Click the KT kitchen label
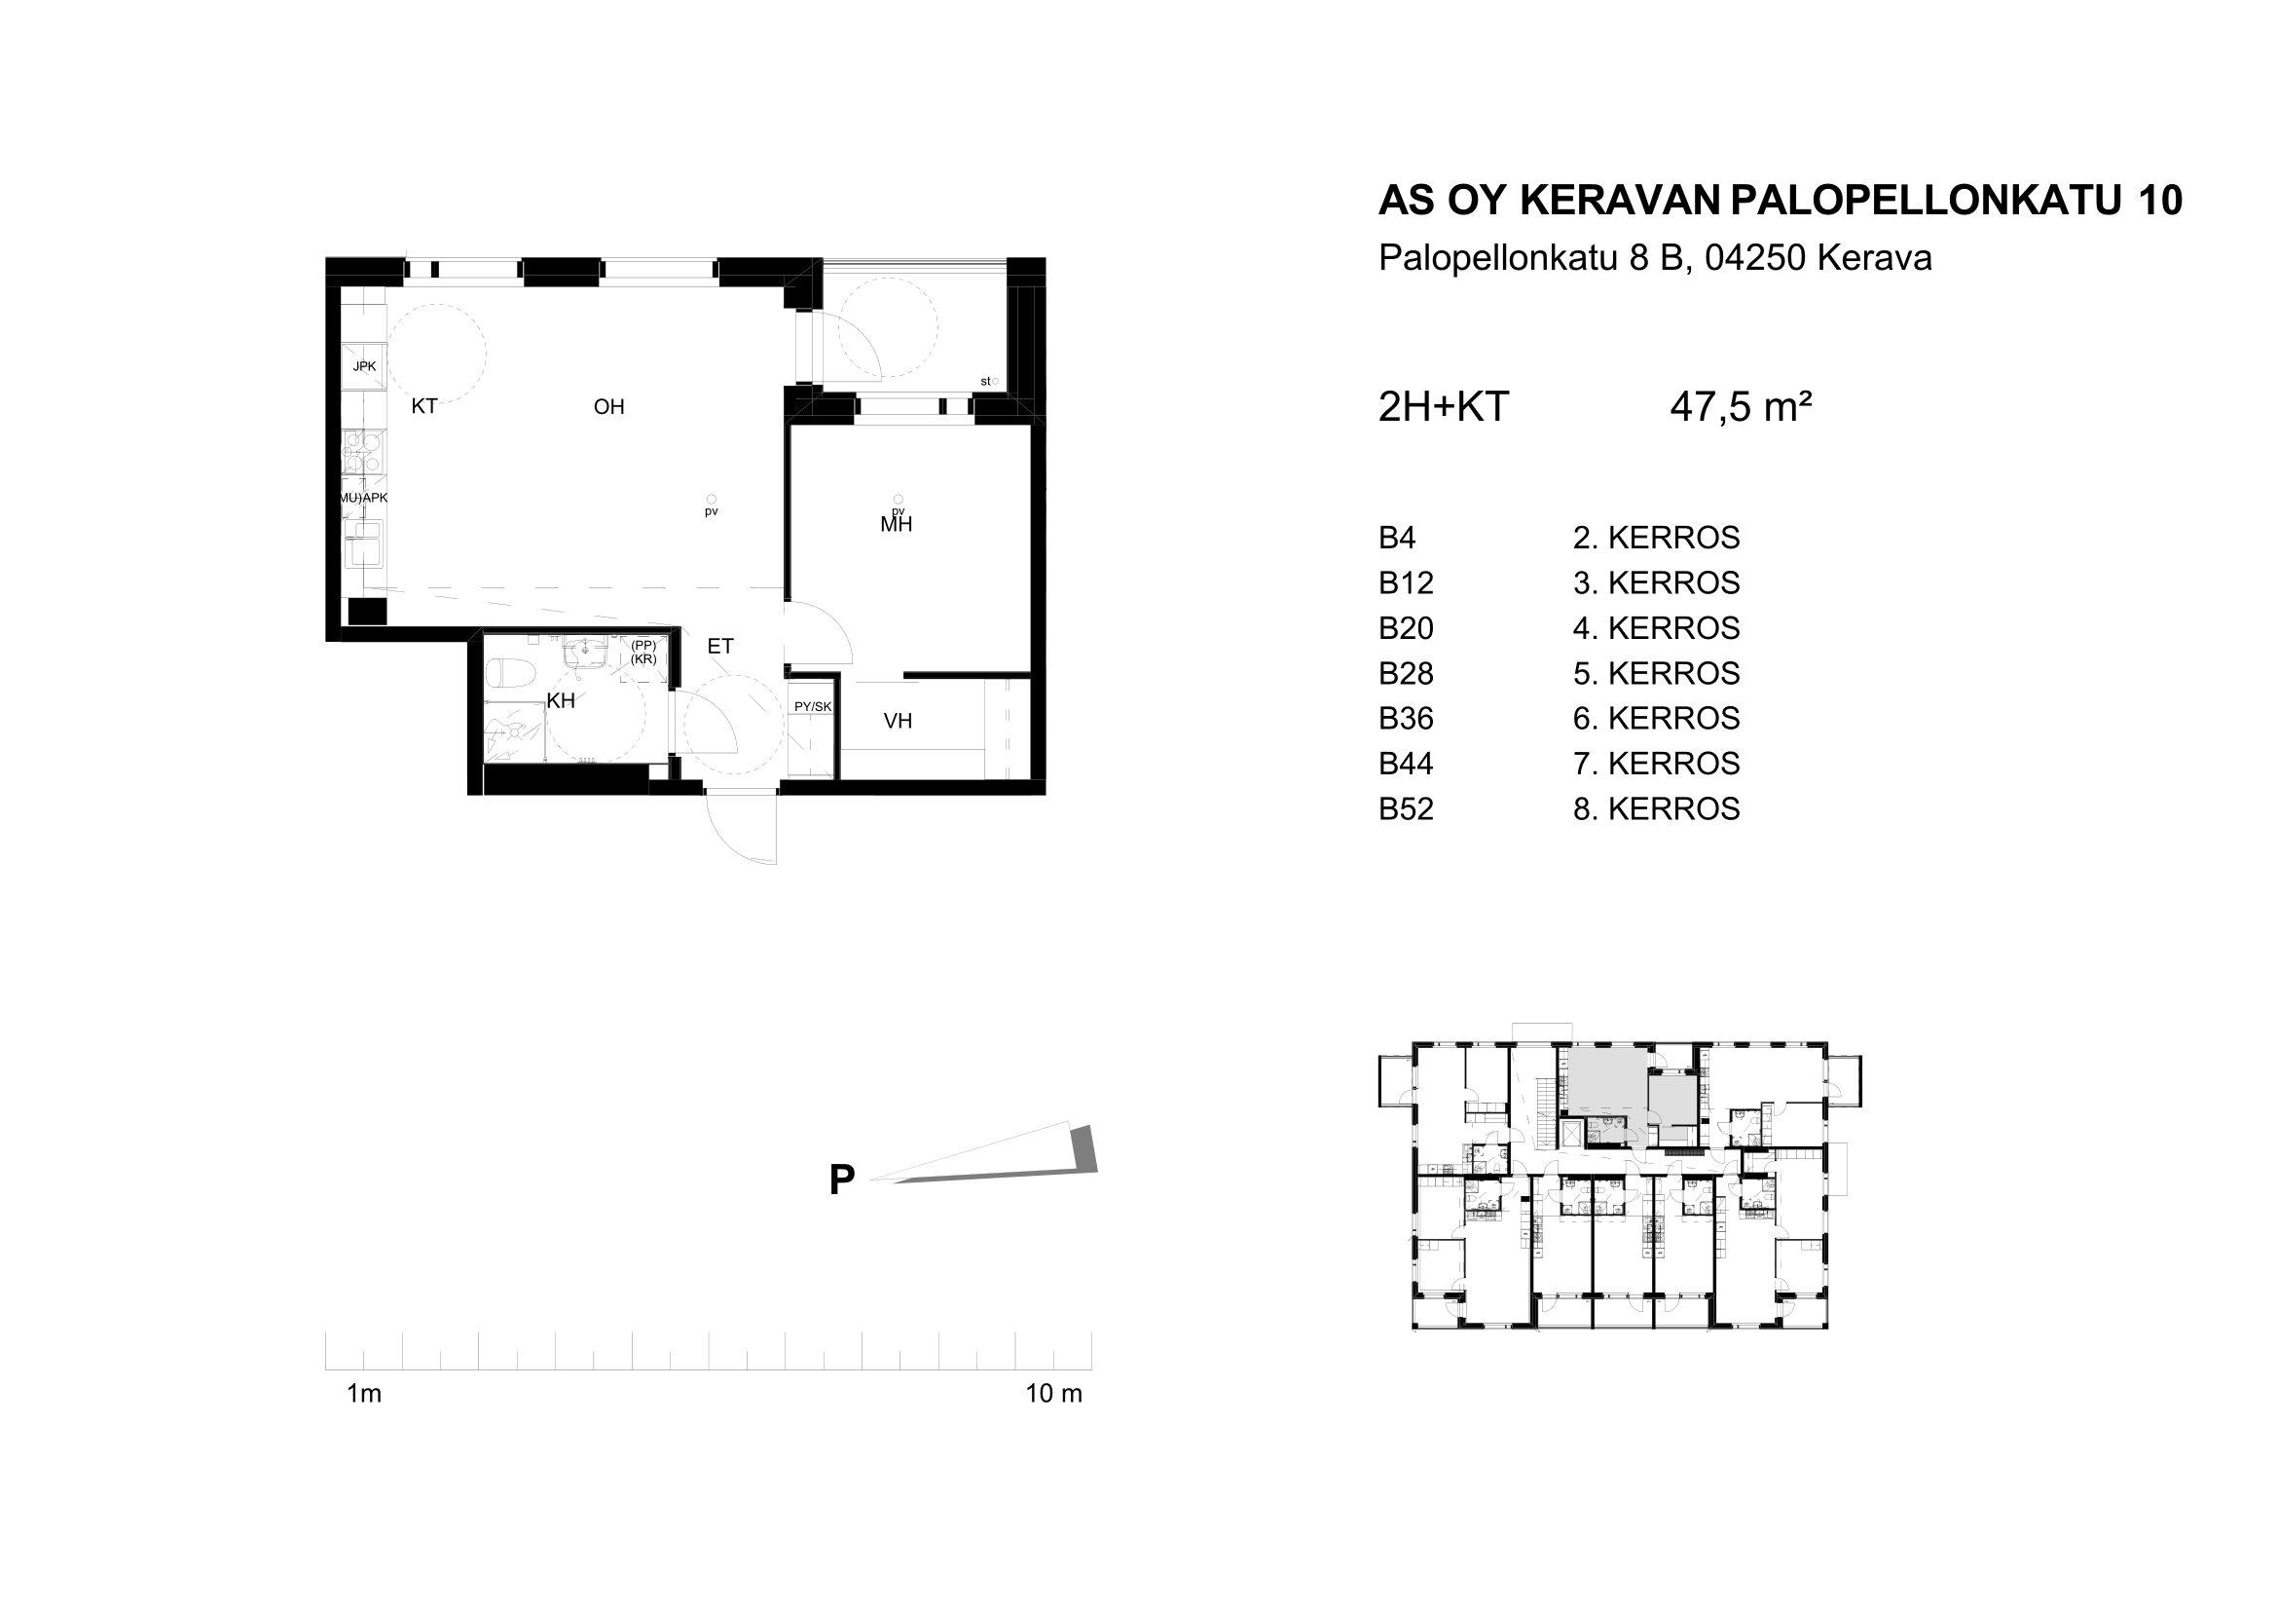(x=424, y=407)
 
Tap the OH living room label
(x=608, y=407)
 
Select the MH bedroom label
(x=897, y=525)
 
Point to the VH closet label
(x=898, y=721)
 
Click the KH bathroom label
(x=562, y=701)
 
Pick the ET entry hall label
(x=720, y=647)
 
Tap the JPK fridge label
(x=364, y=367)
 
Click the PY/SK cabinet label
(x=812, y=706)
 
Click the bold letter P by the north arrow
(x=842, y=1180)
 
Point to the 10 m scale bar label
(x=1054, y=1394)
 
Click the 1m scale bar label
(x=364, y=1394)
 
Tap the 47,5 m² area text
(x=1742, y=407)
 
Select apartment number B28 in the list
(x=1407, y=674)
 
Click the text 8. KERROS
(x=1656, y=809)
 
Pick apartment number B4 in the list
(x=1397, y=538)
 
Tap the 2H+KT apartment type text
(x=1444, y=407)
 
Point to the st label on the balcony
(x=985, y=381)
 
